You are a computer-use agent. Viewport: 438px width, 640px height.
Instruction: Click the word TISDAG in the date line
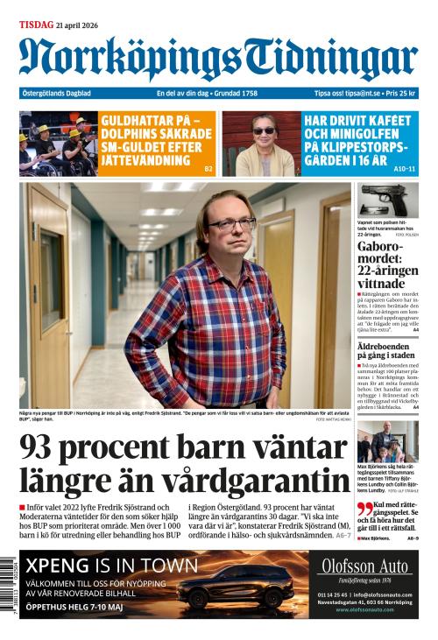click(37, 25)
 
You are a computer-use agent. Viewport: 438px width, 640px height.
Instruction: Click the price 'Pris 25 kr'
click(398, 94)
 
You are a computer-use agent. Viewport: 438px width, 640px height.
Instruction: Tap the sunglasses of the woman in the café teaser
click(263, 130)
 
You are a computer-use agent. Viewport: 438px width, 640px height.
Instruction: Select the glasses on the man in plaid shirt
click(231, 225)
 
